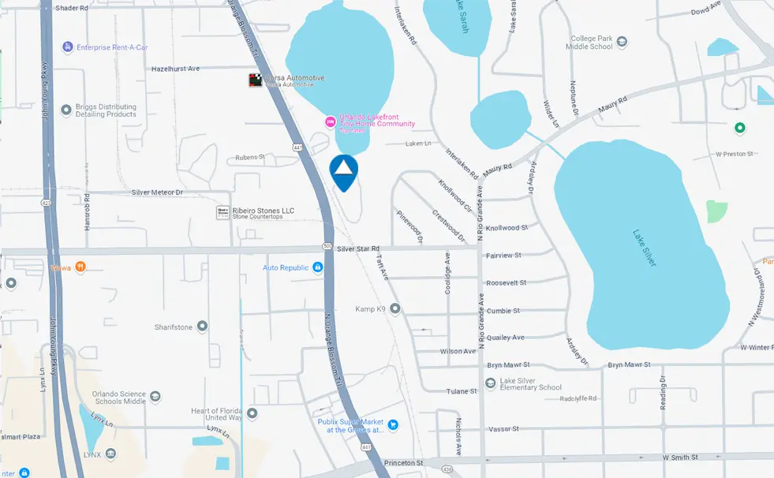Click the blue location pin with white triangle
[344, 171]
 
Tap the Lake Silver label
[645, 248]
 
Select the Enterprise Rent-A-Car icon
[68, 47]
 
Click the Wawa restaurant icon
[80, 267]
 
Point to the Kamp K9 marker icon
[394, 308]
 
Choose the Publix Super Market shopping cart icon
[393, 425]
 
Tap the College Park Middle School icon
[622, 42]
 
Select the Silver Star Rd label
[358, 248]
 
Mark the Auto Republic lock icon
[317, 267]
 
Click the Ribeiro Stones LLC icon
[223, 212]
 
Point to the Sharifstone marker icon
[203, 326]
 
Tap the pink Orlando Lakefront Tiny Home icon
[331, 121]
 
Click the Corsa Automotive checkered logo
[256, 80]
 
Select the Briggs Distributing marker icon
[66, 110]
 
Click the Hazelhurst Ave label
[176, 69]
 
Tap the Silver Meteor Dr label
[157, 192]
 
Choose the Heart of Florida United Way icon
[252, 413]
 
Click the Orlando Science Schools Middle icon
[155, 397]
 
